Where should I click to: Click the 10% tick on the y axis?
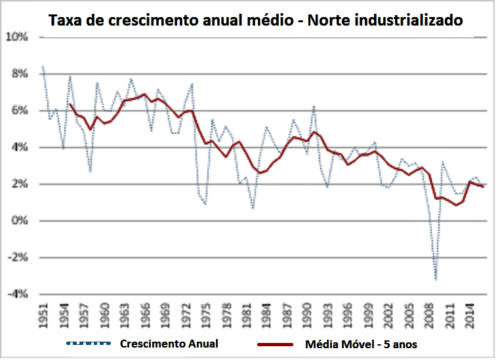pyautogui.click(x=18, y=37)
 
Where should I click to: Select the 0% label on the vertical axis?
pyautogui.click(x=20, y=221)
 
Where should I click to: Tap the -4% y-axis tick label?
pyautogui.click(x=18, y=294)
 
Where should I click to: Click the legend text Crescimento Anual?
pyautogui.click(x=169, y=344)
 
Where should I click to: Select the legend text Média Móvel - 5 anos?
pyautogui.click(x=361, y=344)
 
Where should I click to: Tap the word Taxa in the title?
pyautogui.click(x=68, y=20)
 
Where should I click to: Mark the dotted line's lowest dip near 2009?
pyautogui.click(x=436, y=280)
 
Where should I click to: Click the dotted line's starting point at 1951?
pyautogui.click(x=43, y=66)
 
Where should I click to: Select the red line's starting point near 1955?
pyautogui.click(x=70, y=104)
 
